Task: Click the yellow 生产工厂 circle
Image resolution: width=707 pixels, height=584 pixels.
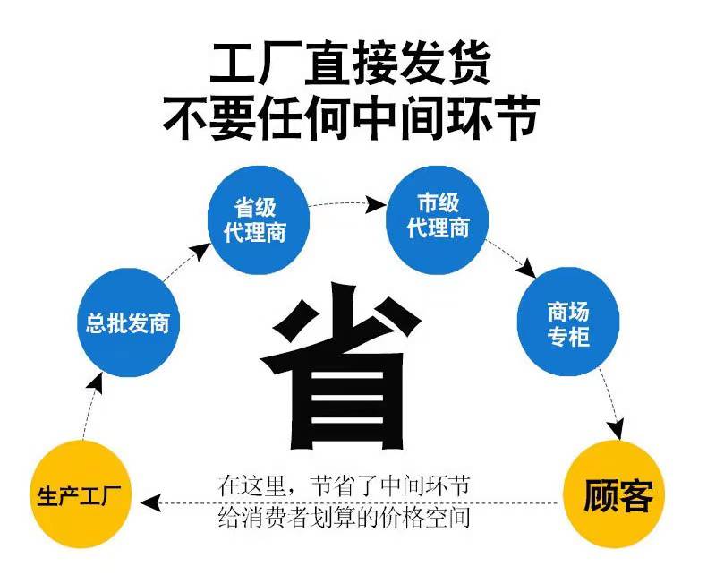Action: click(81, 495)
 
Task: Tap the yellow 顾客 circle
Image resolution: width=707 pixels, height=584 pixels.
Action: click(614, 495)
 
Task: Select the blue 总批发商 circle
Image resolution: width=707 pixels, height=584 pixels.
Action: click(129, 322)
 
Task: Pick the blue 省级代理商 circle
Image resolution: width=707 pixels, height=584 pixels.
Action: click(259, 220)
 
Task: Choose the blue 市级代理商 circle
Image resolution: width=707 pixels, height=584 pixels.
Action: click(438, 220)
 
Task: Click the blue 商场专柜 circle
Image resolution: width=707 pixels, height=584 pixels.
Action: click(568, 322)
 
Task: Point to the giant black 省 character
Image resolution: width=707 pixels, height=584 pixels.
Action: click(341, 365)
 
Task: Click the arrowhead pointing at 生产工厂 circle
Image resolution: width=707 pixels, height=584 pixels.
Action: click(151, 502)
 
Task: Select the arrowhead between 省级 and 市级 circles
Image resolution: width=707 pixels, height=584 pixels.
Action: click(375, 205)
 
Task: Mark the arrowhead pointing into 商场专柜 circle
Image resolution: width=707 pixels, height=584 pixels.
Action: click(526, 269)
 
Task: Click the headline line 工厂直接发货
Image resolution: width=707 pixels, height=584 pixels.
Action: click(351, 64)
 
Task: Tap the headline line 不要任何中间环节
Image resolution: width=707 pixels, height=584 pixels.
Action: click(351, 117)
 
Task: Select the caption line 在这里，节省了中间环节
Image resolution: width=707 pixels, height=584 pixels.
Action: click(344, 485)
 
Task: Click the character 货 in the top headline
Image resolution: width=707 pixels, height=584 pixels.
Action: click(468, 64)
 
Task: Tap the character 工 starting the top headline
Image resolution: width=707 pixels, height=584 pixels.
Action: click(234, 64)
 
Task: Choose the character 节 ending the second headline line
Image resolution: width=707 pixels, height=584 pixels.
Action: click(515, 117)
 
